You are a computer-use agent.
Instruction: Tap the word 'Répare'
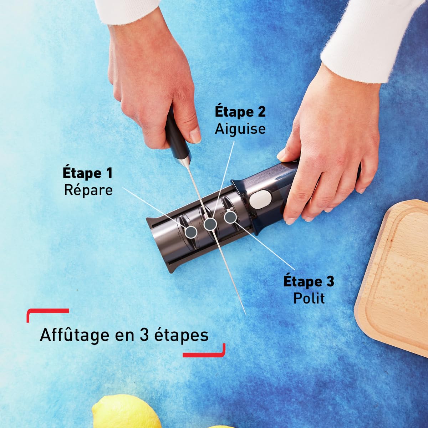[88, 190]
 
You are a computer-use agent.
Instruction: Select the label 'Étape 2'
[240, 112]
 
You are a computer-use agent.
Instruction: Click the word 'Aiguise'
[240, 128]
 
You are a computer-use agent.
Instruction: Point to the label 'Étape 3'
[309, 281]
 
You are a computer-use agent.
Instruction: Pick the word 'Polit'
[309, 298]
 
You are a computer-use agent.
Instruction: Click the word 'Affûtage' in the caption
[75, 335]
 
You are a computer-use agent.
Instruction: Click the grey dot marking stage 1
[191, 232]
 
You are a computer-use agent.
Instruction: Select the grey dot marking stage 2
[210, 224]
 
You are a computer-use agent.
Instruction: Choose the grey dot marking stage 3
[230, 216]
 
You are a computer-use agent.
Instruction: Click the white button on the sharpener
[259, 199]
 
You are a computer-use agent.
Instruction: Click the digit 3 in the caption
[144, 335]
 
